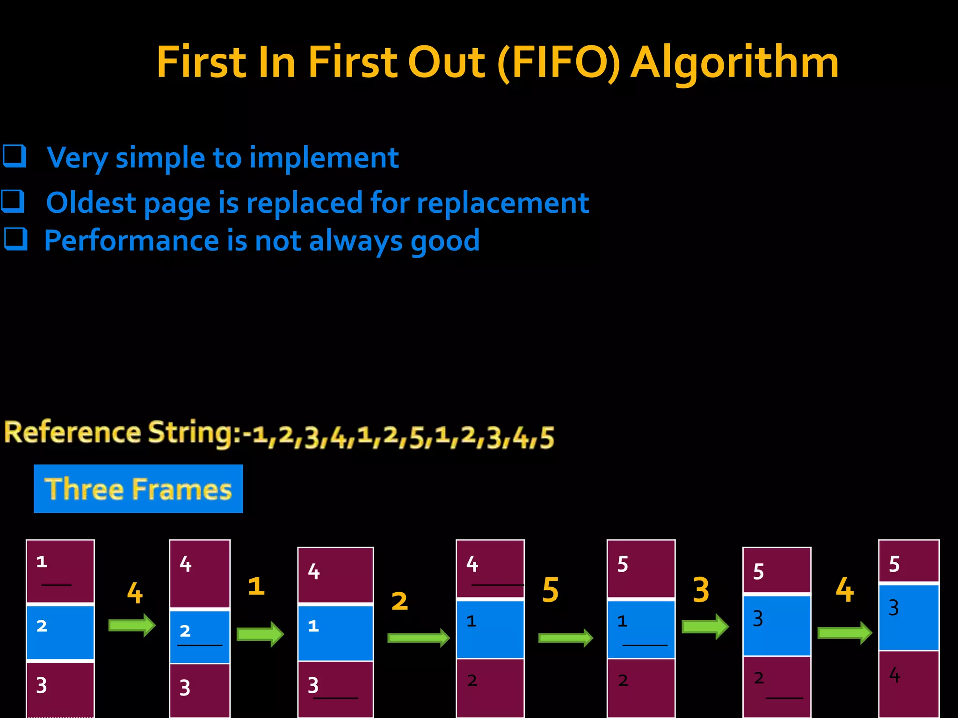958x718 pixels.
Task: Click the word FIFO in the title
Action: [x=559, y=63]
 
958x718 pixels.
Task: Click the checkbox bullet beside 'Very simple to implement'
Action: [x=14, y=156]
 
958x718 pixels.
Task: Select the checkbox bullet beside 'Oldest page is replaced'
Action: [x=13, y=201]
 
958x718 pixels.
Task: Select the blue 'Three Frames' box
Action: [x=138, y=488]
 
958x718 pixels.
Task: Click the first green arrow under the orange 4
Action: [x=132, y=625]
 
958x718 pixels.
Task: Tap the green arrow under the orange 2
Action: [x=419, y=638]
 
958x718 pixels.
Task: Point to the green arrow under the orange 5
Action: [x=566, y=638]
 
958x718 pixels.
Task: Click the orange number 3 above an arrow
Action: [x=701, y=590]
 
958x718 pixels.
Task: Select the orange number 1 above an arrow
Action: [x=256, y=586]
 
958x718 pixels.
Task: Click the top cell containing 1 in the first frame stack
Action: [x=60, y=571]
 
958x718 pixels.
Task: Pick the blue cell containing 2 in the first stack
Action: [x=60, y=632]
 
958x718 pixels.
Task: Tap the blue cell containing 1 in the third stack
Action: [x=335, y=633]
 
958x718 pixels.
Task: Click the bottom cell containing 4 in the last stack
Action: [x=908, y=683]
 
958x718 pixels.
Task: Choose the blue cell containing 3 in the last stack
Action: [x=908, y=617]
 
